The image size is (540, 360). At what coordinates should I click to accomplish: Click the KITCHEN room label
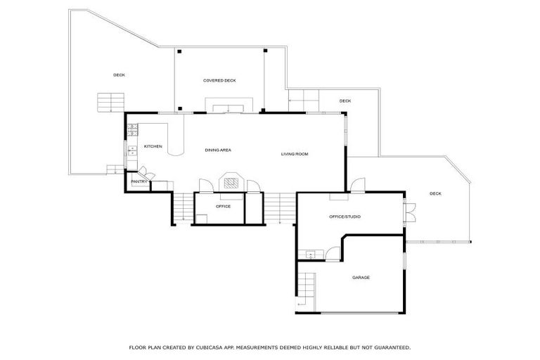coord(153,146)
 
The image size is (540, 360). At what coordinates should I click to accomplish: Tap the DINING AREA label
coord(218,150)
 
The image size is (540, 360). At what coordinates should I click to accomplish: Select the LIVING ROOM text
coord(295,154)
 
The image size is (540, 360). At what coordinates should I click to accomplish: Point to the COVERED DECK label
coord(219,81)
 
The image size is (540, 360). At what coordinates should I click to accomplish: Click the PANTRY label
coord(139,182)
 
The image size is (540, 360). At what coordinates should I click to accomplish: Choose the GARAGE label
coord(361,277)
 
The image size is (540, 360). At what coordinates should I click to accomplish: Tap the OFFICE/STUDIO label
coord(345,217)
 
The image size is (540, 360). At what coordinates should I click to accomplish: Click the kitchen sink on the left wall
coord(131,150)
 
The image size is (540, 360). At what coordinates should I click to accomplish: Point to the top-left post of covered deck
coord(180,51)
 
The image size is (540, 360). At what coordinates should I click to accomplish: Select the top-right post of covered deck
coord(265,51)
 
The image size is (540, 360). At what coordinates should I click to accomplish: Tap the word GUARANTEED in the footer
coord(390,347)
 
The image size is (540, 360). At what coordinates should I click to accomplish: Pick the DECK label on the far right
coord(435,193)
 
